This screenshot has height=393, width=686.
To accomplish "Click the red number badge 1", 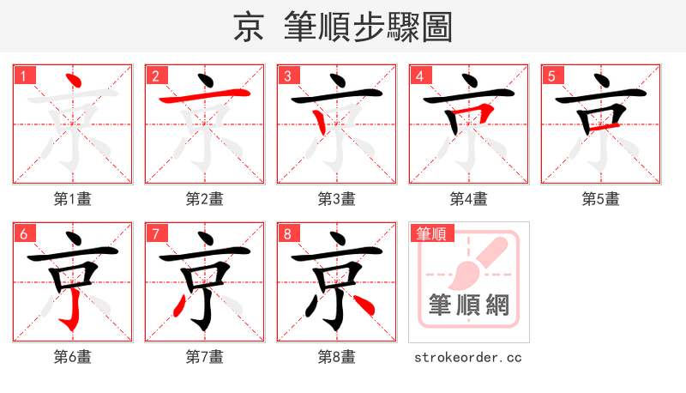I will pos(23,76).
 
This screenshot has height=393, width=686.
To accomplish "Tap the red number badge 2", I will pos(155,76).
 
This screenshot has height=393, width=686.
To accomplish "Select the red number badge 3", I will pos(287,76).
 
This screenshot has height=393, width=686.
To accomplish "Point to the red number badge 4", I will pos(419,76).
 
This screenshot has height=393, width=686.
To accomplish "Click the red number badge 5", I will pos(551,76).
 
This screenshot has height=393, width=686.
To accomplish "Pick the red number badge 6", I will pos(23,233).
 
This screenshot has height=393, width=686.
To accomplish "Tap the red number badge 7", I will pos(155,233).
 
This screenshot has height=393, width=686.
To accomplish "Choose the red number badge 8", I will pos(287,233).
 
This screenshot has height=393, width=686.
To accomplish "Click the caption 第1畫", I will pos(73,199).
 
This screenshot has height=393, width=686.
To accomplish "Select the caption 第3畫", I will pos(337,199).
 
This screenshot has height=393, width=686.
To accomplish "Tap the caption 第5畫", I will pos(601,199).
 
